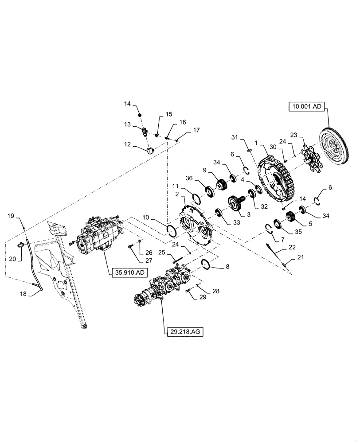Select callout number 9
[205, 169]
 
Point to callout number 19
[10, 215]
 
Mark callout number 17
[196, 130]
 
